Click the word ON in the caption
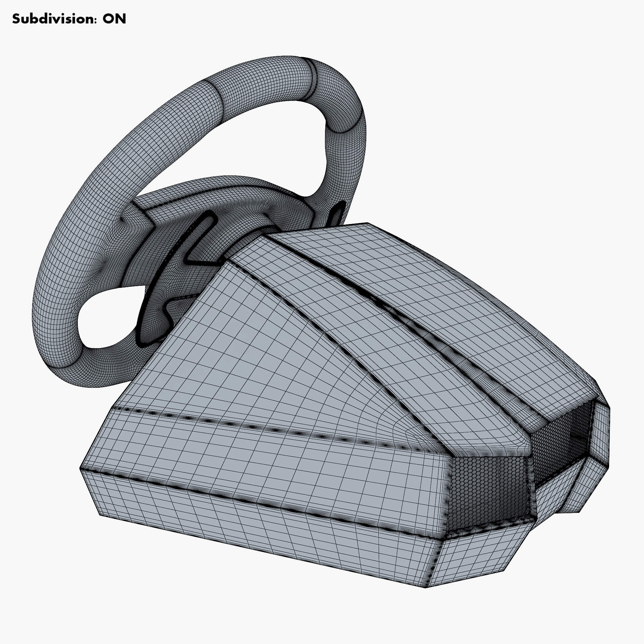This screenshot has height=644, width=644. point(114,19)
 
